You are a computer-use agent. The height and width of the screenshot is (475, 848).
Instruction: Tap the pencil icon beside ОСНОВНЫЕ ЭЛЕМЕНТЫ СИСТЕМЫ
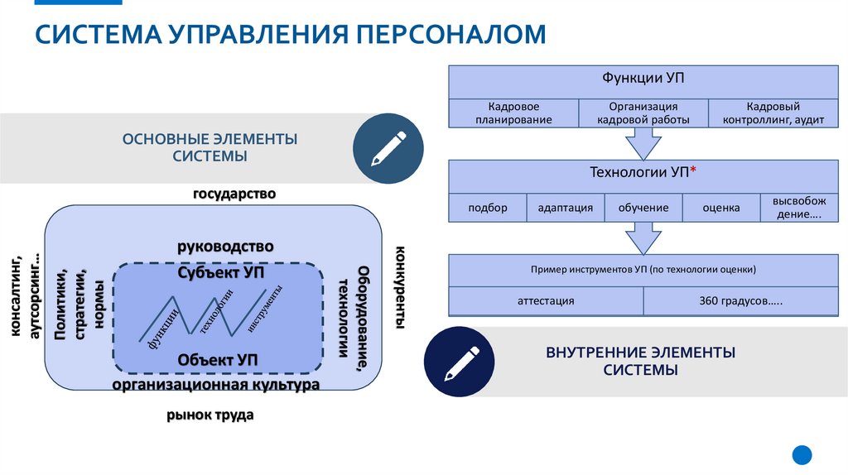coord(388,149)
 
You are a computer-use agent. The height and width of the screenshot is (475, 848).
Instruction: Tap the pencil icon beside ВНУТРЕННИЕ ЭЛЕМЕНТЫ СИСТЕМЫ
coord(459,362)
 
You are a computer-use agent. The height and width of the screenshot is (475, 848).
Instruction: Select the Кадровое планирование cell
coord(513,113)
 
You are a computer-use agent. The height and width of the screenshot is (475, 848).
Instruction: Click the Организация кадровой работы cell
coord(643,113)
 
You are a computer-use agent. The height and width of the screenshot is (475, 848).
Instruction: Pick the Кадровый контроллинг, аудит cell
coord(773,113)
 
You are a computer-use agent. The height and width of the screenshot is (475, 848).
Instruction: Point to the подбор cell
coord(487,208)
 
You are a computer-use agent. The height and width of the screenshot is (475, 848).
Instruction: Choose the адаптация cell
coord(565,208)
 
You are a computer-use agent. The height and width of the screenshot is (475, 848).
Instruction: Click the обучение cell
coord(643,208)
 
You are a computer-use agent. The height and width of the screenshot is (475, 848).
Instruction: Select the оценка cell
coord(720,208)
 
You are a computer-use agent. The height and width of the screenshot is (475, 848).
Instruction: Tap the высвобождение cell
coord(797,208)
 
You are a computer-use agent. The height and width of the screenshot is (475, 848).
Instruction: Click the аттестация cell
coord(546,301)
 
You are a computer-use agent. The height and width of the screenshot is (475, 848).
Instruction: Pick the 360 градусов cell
coord(740,301)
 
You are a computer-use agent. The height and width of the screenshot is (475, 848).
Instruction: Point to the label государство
coord(234,194)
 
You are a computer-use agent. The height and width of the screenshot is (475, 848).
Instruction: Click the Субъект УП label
coord(219,272)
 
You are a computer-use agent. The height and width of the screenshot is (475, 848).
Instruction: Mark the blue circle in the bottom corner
coord(802,454)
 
